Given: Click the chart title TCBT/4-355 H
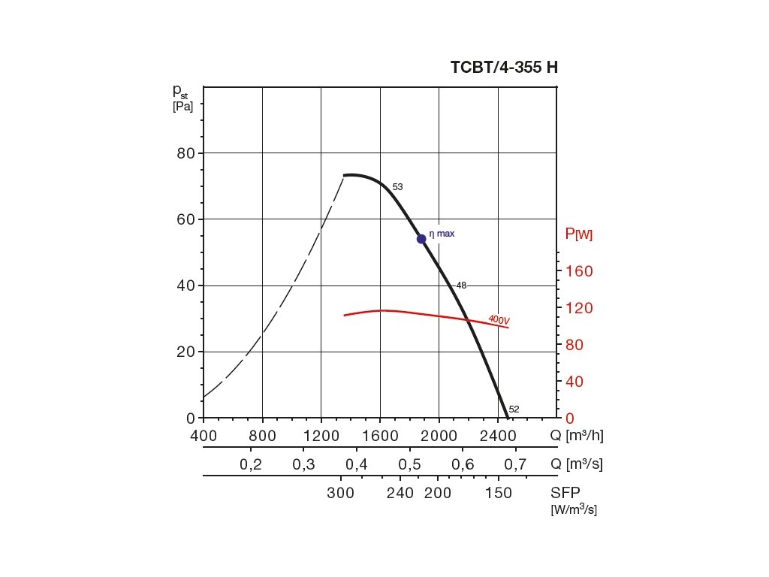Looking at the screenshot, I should point(504,67).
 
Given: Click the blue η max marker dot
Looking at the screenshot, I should point(421,238).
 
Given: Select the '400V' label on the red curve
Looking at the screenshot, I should point(499,320).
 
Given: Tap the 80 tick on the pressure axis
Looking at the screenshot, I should point(185,153).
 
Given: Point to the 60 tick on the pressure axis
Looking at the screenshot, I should point(185,219).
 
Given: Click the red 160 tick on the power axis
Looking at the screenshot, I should point(578,271).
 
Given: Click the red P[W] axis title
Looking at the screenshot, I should point(578,234).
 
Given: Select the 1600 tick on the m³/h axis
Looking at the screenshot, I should point(380,436).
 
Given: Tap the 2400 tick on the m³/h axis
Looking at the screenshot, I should point(498,436).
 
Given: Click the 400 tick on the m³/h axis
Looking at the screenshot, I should point(204,436).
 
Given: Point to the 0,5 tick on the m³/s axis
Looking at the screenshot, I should point(410,464).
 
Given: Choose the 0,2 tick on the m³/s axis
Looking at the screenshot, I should point(251,464).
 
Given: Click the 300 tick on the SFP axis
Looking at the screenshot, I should point(342,493).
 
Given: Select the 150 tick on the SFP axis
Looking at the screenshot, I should point(499,493).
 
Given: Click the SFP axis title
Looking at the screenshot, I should point(565,492).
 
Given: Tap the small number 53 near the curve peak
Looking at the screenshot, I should point(397,186).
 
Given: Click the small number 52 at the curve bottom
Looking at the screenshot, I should point(514,409).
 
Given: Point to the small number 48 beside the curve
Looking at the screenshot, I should point(461,285).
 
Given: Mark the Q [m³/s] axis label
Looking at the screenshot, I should point(576,464).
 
